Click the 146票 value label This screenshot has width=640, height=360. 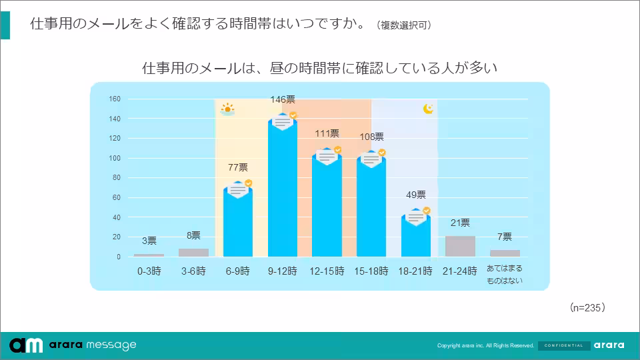[x=283, y=100]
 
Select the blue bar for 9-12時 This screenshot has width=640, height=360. [x=283, y=193]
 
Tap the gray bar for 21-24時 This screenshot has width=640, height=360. [x=460, y=246]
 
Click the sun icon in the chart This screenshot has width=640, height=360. [x=227, y=109]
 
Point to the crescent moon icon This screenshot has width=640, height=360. [x=429, y=109]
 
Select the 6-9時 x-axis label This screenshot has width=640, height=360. [x=237, y=271]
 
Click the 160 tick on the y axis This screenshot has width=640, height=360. [x=115, y=99]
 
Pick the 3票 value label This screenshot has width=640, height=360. [x=149, y=241]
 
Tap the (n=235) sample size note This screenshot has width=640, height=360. [x=587, y=307]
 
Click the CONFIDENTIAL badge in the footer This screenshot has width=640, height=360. [x=563, y=345]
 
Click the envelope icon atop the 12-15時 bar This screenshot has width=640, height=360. [x=327, y=157]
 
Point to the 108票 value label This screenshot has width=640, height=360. [x=371, y=137]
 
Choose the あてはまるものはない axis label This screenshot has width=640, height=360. [x=505, y=274]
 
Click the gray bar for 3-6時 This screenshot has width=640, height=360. [x=193, y=253]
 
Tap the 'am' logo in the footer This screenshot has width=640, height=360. [x=27, y=345]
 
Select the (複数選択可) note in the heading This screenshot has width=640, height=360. [x=403, y=25]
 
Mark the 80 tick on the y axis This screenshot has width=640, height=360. [x=116, y=178]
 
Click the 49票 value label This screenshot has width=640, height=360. [x=416, y=195]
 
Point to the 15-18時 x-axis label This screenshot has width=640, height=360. [x=371, y=271]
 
